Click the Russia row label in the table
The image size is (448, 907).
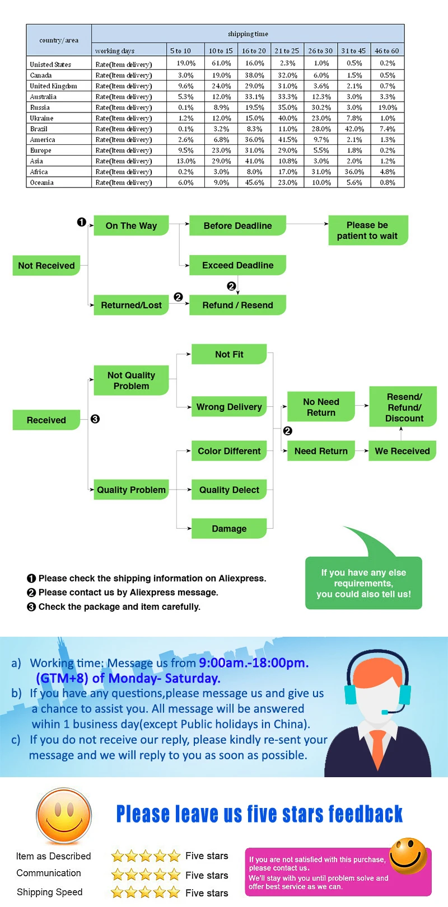click(x=40, y=107)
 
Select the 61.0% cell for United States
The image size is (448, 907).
click(x=221, y=64)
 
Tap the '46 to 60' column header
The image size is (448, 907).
click(x=387, y=51)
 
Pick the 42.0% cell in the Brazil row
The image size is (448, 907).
click(x=354, y=129)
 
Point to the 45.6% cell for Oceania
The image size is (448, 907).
click(x=254, y=183)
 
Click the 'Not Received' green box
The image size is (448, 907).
click(x=46, y=266)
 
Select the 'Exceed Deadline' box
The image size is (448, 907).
click(x=237, y=265)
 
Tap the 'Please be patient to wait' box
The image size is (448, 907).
click(x=367, y=231)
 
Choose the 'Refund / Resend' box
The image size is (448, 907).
click(x=237, y=305)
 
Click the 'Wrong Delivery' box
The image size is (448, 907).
click(x=229, y=407)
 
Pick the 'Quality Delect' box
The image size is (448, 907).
click(x=229, y=490)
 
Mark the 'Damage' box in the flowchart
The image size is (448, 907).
click(x=229, y=529)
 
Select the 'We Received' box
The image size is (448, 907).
click(x=402, y=451)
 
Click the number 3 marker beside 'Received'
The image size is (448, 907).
click(x=95, y=419)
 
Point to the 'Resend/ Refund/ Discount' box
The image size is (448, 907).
click(x=404, y=407)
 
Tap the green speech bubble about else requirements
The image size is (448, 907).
click(x=363, y=583)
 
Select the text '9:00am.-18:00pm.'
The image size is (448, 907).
click(x=254, y=663)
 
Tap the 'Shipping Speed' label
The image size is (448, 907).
click(x=49, y=892)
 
